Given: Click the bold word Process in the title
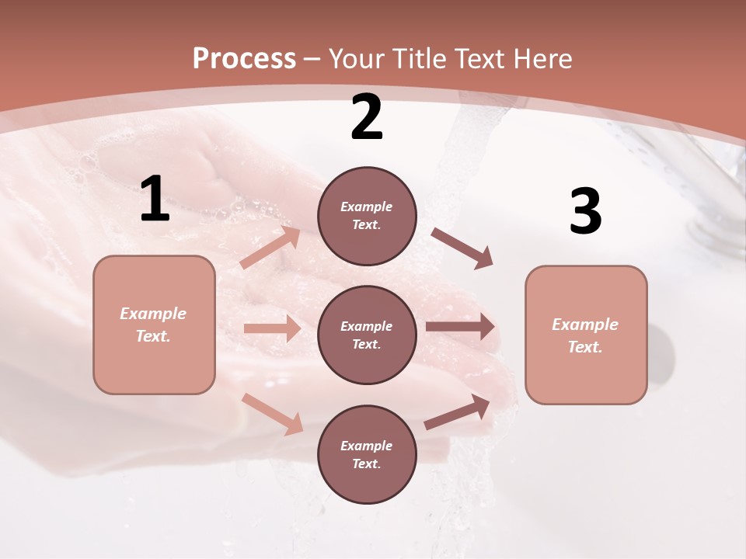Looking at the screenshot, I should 244,58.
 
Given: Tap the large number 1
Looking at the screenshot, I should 155,199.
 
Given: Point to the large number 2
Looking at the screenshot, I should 367,118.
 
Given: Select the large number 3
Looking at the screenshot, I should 585,212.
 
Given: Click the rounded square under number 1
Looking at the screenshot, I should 154,325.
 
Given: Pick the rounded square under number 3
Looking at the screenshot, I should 586,335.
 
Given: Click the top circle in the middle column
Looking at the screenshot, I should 367,216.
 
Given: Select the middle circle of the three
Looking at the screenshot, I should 367,335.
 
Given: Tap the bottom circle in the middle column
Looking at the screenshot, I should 367,454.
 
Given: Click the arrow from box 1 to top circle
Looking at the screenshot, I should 270,248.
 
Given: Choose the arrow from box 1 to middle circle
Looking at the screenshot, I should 272,328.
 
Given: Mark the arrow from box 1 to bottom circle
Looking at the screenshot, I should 272,413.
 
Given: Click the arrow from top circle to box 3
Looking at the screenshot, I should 462,248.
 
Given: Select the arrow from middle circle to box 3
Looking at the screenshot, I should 460,326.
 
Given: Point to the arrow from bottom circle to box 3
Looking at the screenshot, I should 457,412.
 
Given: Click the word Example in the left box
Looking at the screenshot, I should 153,314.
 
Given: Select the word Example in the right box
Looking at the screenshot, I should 585,325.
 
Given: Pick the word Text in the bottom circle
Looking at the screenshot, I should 365,464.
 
